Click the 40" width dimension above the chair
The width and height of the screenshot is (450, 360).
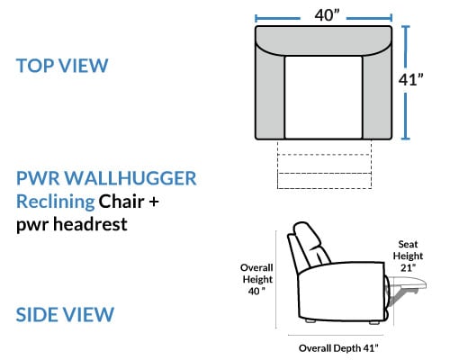[327, 15]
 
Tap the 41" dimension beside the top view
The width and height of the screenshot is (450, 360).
[410, 80]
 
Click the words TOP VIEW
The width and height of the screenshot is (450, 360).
[62, 66]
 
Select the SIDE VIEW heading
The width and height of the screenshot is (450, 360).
[65, 315]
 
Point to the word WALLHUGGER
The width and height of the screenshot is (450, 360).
[130, 178]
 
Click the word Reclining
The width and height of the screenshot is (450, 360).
[56, 202]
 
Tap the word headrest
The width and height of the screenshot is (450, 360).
[90, 224]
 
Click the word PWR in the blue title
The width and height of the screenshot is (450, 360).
[38, 178]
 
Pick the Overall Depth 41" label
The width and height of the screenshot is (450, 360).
[338, 348]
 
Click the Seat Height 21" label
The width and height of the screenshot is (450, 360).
[408, 256]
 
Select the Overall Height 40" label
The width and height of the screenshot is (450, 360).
[256, 279]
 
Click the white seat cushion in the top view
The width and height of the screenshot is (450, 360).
[323, 97]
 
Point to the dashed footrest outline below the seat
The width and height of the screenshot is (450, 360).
[324, 165]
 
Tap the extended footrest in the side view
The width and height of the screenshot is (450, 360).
[408, 283]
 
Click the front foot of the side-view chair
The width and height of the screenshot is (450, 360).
[373, 322]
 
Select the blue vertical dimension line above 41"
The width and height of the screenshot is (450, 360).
[406, 47]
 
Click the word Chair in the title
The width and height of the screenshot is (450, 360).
[121, 202]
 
